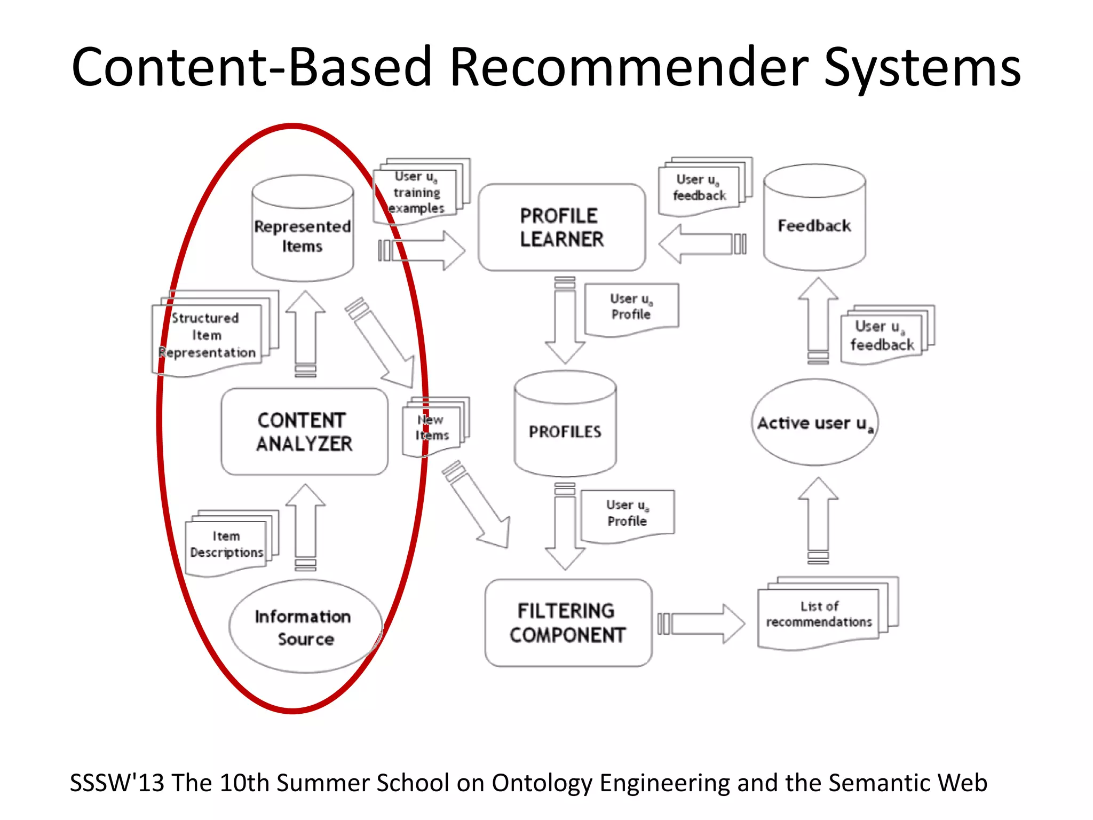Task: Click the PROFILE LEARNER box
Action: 561,227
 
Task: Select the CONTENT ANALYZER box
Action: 304,431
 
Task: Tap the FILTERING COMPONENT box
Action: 568,622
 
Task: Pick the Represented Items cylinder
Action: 303,230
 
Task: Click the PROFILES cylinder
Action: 565,425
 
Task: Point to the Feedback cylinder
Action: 814,219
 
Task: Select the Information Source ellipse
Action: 305,627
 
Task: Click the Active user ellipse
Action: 814,423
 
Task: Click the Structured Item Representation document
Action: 208,335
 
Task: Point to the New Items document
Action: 433,428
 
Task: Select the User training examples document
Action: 417,192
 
